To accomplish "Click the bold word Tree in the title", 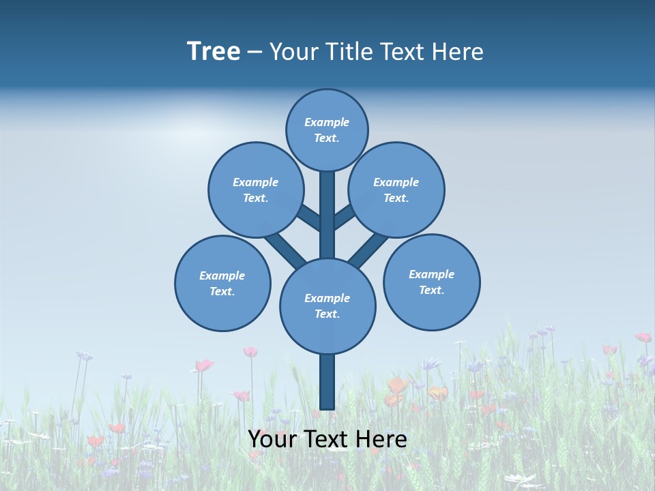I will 214,52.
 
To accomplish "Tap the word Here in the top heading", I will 458,52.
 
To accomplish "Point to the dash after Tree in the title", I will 254,53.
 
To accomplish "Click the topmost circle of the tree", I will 327,130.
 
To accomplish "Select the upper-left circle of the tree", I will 256,190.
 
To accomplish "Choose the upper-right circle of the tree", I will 396,190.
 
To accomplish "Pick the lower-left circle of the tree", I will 222,283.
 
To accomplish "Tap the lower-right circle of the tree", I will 431,282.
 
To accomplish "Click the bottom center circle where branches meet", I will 327,306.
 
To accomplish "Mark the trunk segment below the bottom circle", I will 327,382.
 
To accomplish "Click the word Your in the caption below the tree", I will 271,439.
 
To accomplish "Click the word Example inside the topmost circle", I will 327,122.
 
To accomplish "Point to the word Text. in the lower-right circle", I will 431,290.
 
